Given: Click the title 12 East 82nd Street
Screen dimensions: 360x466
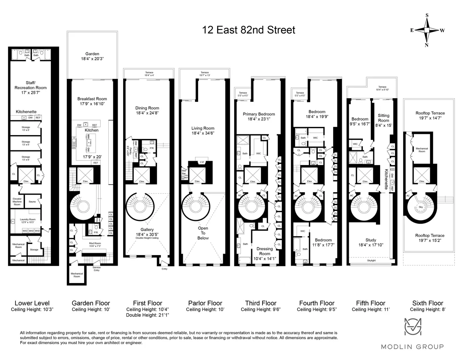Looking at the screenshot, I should click(249, 30).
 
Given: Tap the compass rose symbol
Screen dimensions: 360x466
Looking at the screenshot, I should click(427, 30).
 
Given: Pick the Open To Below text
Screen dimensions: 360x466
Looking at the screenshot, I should click(203, 233).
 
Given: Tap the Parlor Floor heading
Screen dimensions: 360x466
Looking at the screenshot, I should click(205, 303).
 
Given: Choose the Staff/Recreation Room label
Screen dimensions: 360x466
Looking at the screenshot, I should click(33, 88).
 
